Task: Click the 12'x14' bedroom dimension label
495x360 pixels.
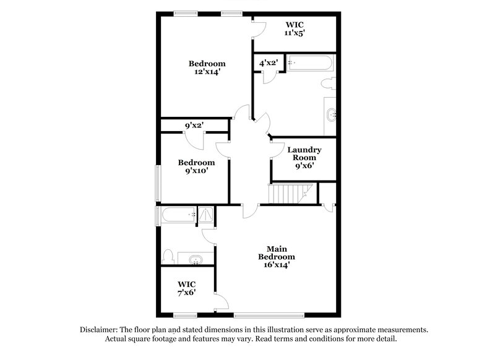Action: point(207,72)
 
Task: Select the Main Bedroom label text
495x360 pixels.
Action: point(276,252)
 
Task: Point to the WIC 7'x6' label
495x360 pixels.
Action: point(186,288)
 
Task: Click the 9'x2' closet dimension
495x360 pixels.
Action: point(194,126)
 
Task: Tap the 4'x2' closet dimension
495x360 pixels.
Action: point(268,63)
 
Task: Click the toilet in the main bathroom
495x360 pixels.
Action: point(168,256)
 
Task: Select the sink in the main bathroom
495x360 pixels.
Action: point(195,259)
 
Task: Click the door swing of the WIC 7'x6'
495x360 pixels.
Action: point(222,301)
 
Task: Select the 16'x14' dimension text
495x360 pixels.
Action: point(276,265)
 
